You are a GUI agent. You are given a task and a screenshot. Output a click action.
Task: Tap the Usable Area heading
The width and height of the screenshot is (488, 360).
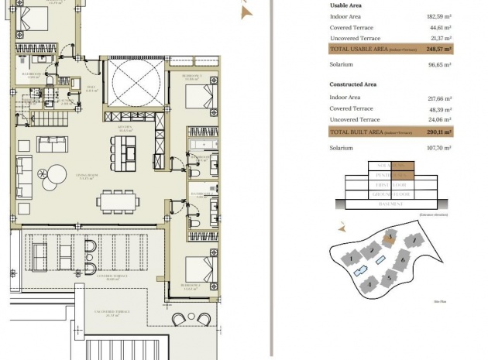(346, 5)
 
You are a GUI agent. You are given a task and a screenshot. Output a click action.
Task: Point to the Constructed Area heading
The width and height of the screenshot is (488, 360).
(352, 84)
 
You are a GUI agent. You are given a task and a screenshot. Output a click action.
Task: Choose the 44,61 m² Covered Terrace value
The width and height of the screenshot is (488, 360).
(440, 27)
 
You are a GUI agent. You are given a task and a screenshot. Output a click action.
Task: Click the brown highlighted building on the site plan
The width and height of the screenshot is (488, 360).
(392, 236)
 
